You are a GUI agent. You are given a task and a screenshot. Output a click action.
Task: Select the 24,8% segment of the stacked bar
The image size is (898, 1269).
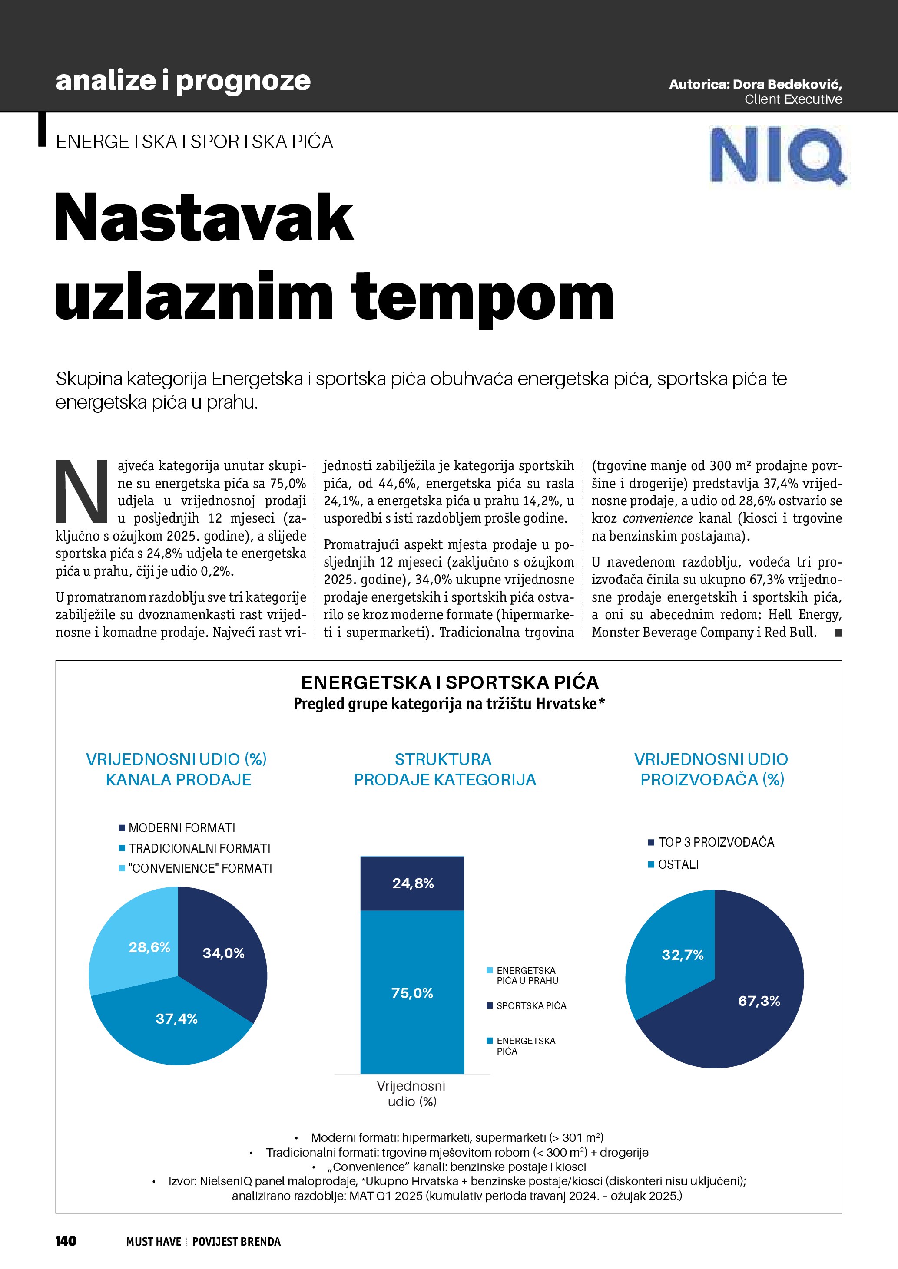[x=412, y=883]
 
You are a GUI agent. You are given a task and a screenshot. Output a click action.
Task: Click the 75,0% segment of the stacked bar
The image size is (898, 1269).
[x=412, y=993]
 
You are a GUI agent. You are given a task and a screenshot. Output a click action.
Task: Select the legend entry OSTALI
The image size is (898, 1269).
[x=678, y=864]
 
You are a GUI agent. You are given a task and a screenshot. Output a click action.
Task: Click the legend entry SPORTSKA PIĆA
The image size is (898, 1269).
[x=531, y=1006]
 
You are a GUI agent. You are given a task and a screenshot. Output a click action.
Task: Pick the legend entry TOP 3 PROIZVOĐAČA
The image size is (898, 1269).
[x=716, y=842]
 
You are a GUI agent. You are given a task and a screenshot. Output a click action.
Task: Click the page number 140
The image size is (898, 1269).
[x=66, y=1241]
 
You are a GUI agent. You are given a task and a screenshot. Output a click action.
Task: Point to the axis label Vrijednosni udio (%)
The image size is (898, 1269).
[x=411, y=1094]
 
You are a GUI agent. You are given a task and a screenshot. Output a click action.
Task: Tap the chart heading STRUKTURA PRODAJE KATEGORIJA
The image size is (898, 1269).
[x=444, y=769]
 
